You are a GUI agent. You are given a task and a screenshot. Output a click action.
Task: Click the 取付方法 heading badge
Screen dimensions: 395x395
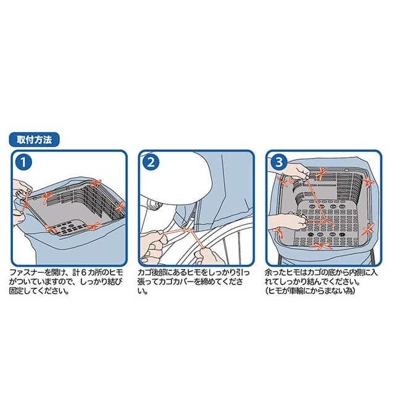[x=35, y=139]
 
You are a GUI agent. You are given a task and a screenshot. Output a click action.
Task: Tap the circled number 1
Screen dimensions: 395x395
[x=23, y=162]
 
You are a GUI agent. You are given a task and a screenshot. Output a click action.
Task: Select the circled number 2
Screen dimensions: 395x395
[x=151, y=162]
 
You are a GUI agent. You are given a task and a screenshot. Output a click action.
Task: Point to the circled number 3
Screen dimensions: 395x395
[x=278, y=162]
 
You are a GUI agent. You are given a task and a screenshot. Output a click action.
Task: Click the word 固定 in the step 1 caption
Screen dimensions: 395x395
[x=17, y=291]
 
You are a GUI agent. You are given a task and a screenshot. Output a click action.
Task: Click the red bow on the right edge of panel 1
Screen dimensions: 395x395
[x=121, y=207]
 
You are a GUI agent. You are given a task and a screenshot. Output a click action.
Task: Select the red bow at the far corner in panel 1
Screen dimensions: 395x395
[x=96, y=183]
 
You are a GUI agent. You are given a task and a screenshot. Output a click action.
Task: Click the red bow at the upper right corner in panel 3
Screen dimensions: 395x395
[x=368, y=182]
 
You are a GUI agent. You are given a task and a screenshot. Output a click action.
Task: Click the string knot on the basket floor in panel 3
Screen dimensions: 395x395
[x=324, y=220]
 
